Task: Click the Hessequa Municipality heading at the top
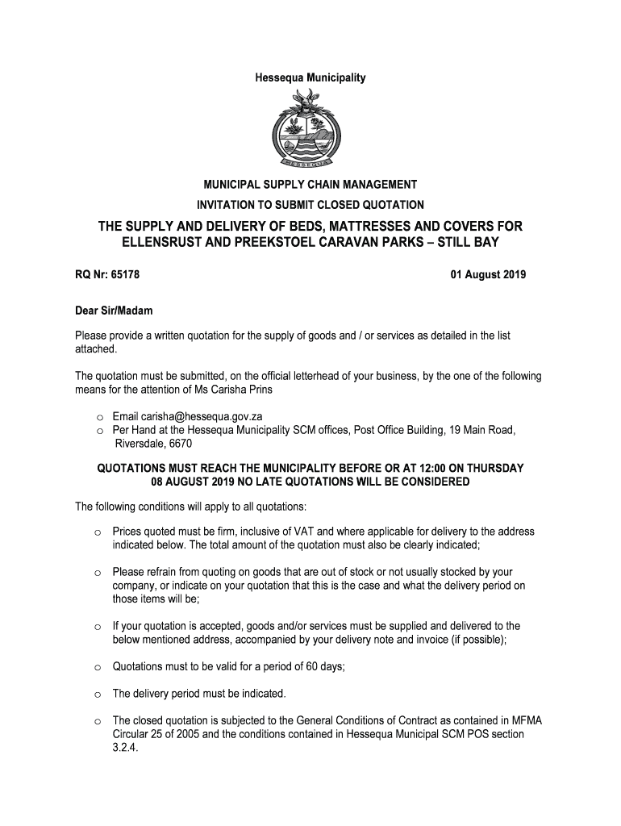310,78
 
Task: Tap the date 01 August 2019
488,275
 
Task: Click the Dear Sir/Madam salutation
114,311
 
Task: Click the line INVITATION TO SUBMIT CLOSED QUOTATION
310,205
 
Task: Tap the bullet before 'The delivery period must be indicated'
97,694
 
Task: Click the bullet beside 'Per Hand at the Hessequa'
97,431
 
